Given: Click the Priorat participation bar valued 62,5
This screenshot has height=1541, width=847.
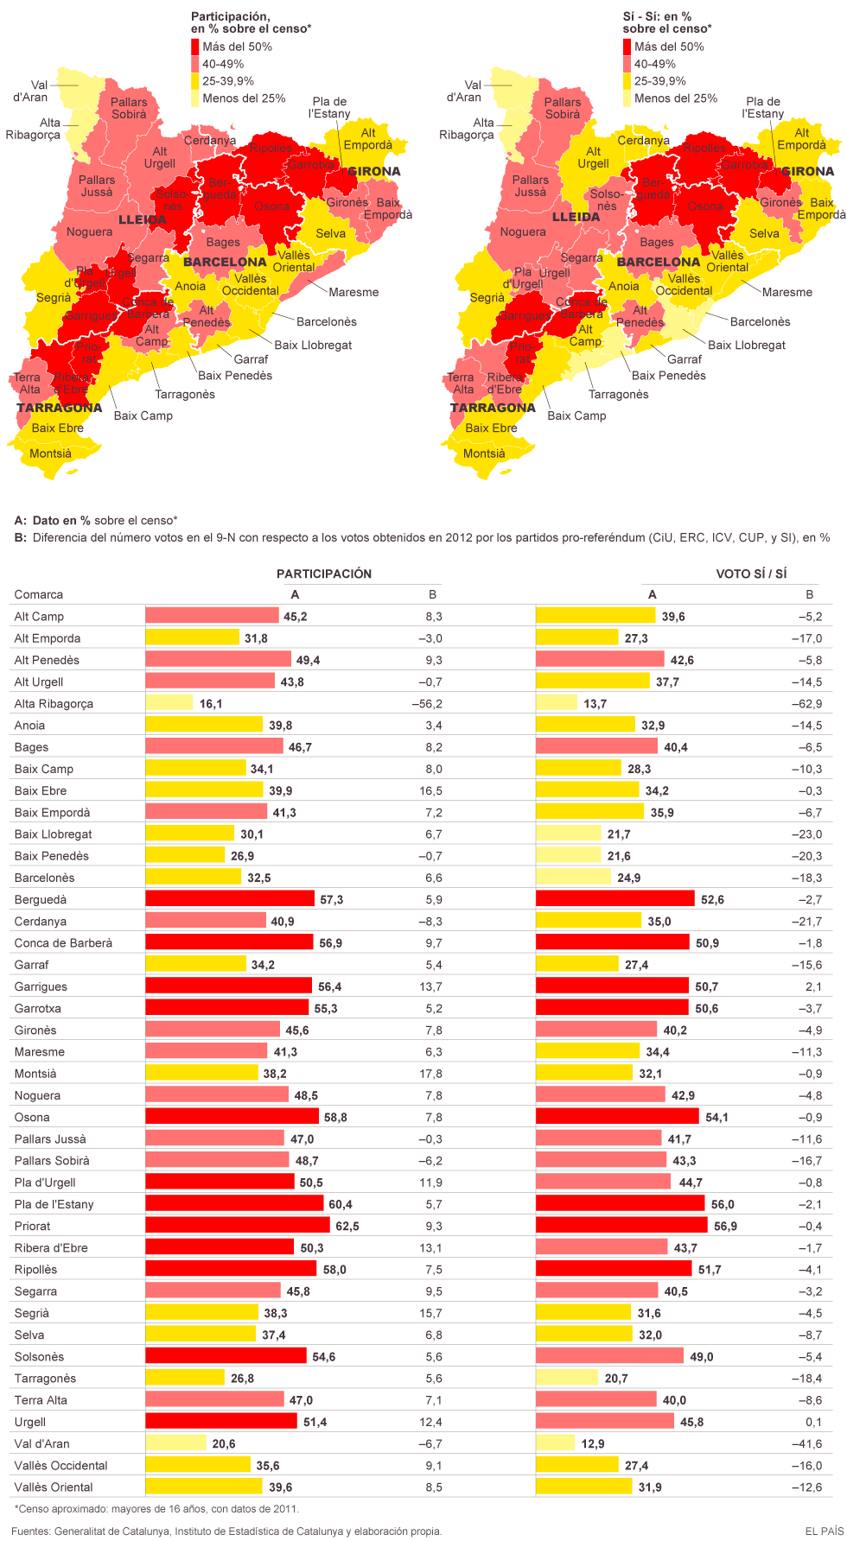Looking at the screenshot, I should click(x=237, y=1226).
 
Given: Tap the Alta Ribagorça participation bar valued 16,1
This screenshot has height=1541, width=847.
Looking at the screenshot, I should click(x=169, y=703).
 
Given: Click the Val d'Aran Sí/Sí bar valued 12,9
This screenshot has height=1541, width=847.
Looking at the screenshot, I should click(x=555, y=1443).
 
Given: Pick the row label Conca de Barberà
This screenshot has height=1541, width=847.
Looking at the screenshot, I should click(x=63, y=943).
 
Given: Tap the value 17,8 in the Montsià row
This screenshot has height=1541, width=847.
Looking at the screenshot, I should click(x=433, y=1074).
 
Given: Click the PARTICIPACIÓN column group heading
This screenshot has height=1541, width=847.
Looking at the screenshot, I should click(x=324, y=574).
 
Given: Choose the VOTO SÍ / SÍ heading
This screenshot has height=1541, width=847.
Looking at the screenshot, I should click(x=751, y=574).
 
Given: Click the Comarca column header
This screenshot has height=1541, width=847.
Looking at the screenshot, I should click(x=39, y=594).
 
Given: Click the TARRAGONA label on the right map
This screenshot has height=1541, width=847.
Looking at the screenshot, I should click(x=493, y=408).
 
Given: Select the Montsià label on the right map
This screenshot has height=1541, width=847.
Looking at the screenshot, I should click(x=484, y=453).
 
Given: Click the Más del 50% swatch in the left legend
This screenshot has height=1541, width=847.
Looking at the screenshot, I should click(x=194, y=47).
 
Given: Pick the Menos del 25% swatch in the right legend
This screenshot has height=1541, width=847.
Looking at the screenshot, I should click(x=627, y=98).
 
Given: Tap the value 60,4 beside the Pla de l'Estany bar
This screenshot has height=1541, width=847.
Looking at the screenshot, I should click(x=341, y=1204).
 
